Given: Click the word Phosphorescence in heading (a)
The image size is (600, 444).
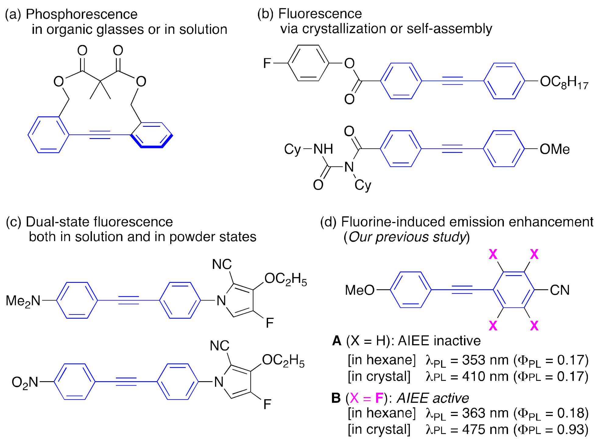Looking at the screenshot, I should [x=82, y=14].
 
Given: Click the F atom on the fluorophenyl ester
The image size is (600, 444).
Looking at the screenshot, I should [x=267, y=63].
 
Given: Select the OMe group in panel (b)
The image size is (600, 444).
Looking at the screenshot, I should [x=554, y=149].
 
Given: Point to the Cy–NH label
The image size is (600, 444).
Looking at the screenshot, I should [x=308, y=149].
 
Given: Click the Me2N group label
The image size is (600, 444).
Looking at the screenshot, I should [x=23, y=301].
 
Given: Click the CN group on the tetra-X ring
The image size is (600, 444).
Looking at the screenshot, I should [x=560, y=290].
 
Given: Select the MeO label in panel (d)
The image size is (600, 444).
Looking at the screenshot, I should [x=359, y=290].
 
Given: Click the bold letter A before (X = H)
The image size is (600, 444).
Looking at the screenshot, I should [x=337, y=341].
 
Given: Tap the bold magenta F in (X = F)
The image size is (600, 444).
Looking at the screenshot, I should [x=379, y=398].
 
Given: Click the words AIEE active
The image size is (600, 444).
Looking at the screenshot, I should [x=432, y=398].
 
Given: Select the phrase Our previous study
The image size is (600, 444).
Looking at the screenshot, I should [x=407, y=237].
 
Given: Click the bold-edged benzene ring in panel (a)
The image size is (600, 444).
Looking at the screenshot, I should [x=152, y=135].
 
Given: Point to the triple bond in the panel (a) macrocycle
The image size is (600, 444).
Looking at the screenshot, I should [x=100, y=135].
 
